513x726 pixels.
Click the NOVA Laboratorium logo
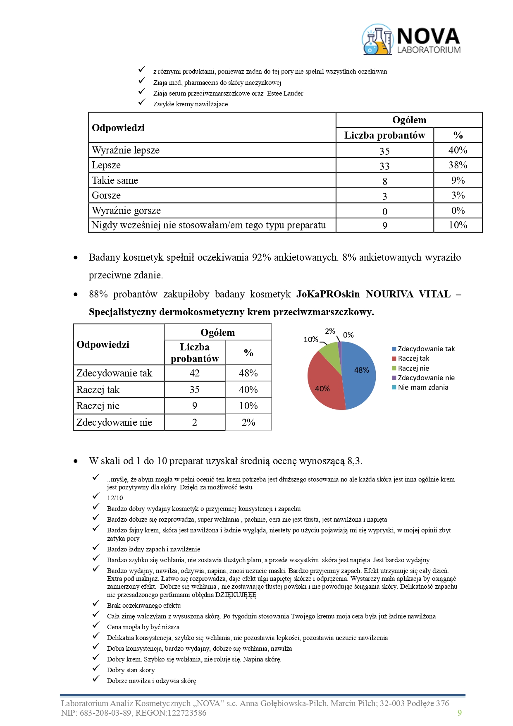[x=411, y=40]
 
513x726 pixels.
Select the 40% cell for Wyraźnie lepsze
[x=458, y=150]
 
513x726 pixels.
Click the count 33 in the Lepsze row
[x=384, y=166]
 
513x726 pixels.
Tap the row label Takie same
[x=115, y=180]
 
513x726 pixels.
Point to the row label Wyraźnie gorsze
[x=126, y=211]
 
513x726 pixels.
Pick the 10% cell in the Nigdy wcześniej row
[x=458, y=225]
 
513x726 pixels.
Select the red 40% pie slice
[x=324, y=383]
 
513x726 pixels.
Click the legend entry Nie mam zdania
[x=422, y=388]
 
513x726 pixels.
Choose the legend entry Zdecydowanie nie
[x=426, y=378]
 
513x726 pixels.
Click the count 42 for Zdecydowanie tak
[x=195, y=373]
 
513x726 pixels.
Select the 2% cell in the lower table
[x=248, y=422]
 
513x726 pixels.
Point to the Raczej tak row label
[x=98, y=390]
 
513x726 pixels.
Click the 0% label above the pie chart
[x=348, y=335]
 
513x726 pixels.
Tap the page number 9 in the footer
[x=460, y=713]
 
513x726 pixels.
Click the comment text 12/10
[x=115, y=498]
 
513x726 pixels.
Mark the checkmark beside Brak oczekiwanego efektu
[x=96, y=604]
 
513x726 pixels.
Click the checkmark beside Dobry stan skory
[x=96, y=668]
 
